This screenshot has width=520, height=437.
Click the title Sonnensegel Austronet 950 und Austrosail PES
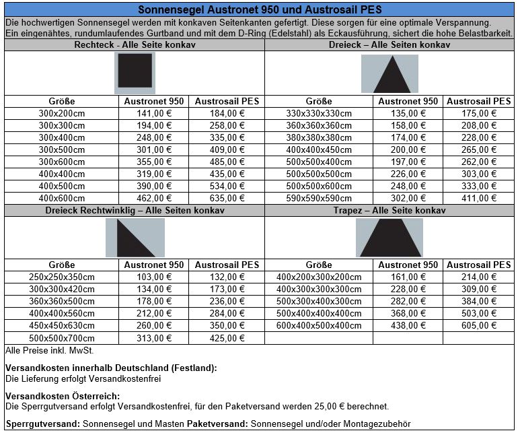click(x=260, y=10)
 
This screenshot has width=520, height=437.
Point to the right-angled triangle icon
click(x=135, y=238)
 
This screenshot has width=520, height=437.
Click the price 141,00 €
click(x=154, y=113)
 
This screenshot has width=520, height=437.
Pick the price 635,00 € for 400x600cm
click(x=227, y=198)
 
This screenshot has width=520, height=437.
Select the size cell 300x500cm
click(x=62, y=149)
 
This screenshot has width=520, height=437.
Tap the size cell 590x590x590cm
click(x=319, y=198)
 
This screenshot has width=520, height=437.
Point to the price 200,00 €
click(x=408, y=149)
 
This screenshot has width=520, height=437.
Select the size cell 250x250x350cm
click(x=62, y=277)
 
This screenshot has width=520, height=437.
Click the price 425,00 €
click(x=227, y=337)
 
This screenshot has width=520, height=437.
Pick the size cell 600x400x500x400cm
click(x=319, y=325)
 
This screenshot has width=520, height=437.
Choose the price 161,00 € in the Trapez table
click(x=408, y=277)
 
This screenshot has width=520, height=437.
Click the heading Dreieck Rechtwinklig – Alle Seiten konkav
click(x=135, y=211)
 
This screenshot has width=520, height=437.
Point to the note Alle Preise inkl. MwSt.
click(x=49, y=350)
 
